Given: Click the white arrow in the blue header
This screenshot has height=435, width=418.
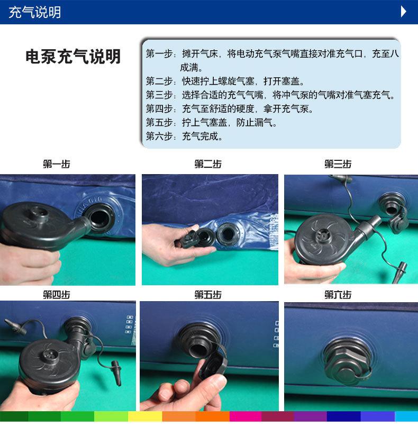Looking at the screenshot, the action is tap(404, 12).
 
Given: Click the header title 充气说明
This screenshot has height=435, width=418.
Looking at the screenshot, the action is tap(35, 13).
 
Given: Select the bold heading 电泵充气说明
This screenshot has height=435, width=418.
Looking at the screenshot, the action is tap(73, 57).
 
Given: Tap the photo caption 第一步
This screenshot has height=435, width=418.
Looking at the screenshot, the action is tap(57, 164).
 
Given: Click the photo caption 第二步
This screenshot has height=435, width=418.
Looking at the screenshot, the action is tap(208, 164).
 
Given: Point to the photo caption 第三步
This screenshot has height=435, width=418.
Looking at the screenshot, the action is tap(338, 164).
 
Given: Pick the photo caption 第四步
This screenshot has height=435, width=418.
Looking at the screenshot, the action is tap(57, 295).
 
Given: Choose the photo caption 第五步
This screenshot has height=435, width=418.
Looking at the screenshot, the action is tap(208, 295).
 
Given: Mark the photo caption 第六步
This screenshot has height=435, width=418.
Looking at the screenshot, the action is tap(338, 295).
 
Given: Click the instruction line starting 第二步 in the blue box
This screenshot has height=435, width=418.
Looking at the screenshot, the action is tap(225, 81).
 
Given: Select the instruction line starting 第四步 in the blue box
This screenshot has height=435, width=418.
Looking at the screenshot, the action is tap(230, 109).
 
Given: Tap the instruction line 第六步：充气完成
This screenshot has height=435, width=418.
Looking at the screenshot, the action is tap(185, 136).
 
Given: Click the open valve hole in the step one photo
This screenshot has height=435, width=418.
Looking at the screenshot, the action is tap(99, 219).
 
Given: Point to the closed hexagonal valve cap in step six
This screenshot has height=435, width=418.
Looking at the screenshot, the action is tap(347, 361).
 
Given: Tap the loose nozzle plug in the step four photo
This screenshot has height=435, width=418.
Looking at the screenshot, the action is tap(116, 373).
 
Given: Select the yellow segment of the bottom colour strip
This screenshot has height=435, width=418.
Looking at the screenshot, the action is tap(145, 416).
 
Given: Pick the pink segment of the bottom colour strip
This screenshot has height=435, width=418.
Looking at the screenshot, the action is tap(246, 416).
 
